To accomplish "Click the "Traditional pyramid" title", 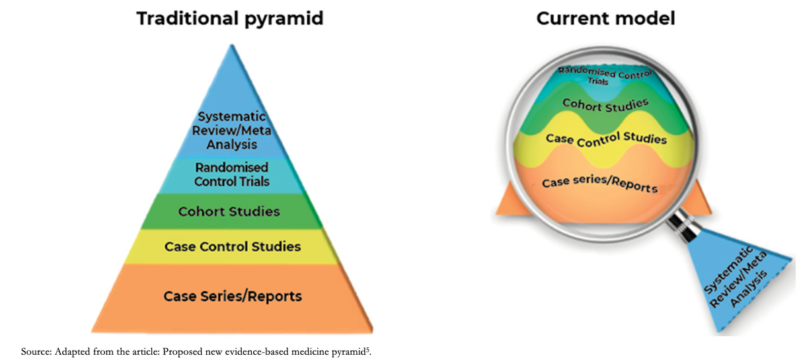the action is tap(230, 18).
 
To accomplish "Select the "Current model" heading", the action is tap(605, 18).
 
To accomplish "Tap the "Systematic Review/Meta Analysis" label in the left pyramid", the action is tap(231, 130).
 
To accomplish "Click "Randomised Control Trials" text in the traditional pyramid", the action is tap(231, 174).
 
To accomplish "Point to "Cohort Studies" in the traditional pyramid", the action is tap(229, 211).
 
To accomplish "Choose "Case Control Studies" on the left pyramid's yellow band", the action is tap(233, 246).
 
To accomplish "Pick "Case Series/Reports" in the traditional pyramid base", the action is tap(233, 296).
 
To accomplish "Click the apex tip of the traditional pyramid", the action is tap(232, 45).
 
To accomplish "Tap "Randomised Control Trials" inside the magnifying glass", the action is tap(605, 75).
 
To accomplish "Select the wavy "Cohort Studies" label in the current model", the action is tap(605, 105).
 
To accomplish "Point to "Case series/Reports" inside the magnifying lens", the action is tap(599, 184).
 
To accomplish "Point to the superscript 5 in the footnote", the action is tap(367, 349).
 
